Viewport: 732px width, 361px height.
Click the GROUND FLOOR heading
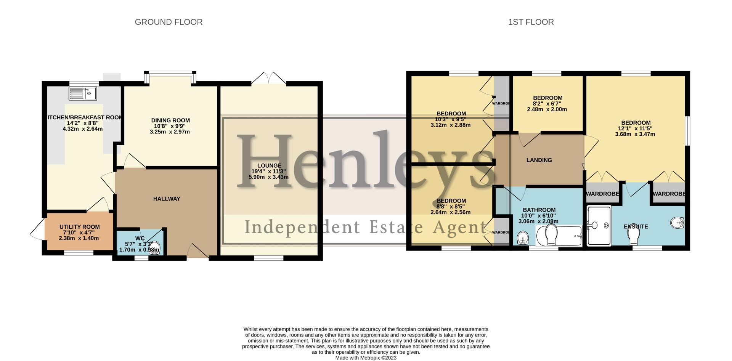tap(169, 22)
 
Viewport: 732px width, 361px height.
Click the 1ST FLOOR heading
tap(531, 22)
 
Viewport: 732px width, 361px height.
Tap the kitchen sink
tap(83, 93)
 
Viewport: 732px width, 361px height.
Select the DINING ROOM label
tap(170, 120)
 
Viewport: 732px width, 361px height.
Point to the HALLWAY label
tap(167, 199)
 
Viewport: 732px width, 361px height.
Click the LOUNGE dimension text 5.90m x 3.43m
tap(268, 177)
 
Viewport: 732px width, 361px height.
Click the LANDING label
tap(539, 160)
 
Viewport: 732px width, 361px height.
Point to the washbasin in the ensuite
tap(677, 223)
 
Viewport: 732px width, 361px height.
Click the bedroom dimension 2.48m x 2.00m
tap(547, 109)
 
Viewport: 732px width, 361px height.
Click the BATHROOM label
tap(539, 210)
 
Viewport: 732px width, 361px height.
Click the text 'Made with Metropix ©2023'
tap(366, 358)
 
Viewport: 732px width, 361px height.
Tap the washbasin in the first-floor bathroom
tap(523, 238)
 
